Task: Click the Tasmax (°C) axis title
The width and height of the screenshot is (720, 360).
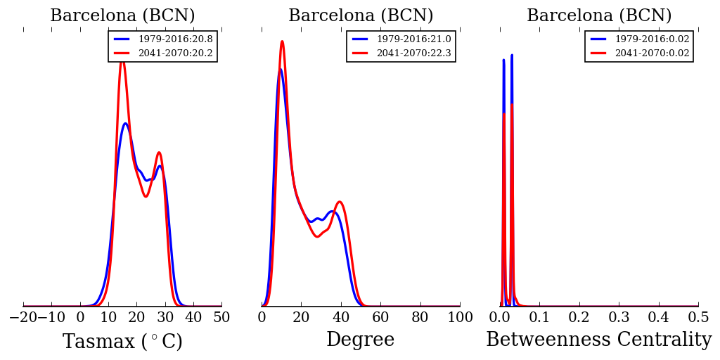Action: pos(122,342)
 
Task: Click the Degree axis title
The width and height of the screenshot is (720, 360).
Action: pos(360,340)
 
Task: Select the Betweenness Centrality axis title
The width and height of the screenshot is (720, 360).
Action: pos(598,340)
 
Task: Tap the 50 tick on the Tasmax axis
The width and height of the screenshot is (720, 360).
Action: pos(221,317)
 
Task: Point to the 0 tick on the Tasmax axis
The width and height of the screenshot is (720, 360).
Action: pos(80,317)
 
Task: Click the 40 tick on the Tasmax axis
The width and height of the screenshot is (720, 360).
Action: pos(193,317)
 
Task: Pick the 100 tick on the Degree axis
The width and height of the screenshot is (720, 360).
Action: pos(460,317)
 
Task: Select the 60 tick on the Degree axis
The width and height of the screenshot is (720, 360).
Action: pos(380,317)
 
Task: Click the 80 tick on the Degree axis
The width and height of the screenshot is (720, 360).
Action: pos(420,317)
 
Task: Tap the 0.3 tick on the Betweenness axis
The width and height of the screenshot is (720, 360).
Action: pos(619,317)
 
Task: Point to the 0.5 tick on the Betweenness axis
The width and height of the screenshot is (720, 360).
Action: pos(698,317)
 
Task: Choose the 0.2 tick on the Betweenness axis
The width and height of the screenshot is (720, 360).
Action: pos(579,317)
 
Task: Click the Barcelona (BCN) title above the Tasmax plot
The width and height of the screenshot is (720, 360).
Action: pos(122,15)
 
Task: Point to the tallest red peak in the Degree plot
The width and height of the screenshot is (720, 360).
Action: pos(282,41)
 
